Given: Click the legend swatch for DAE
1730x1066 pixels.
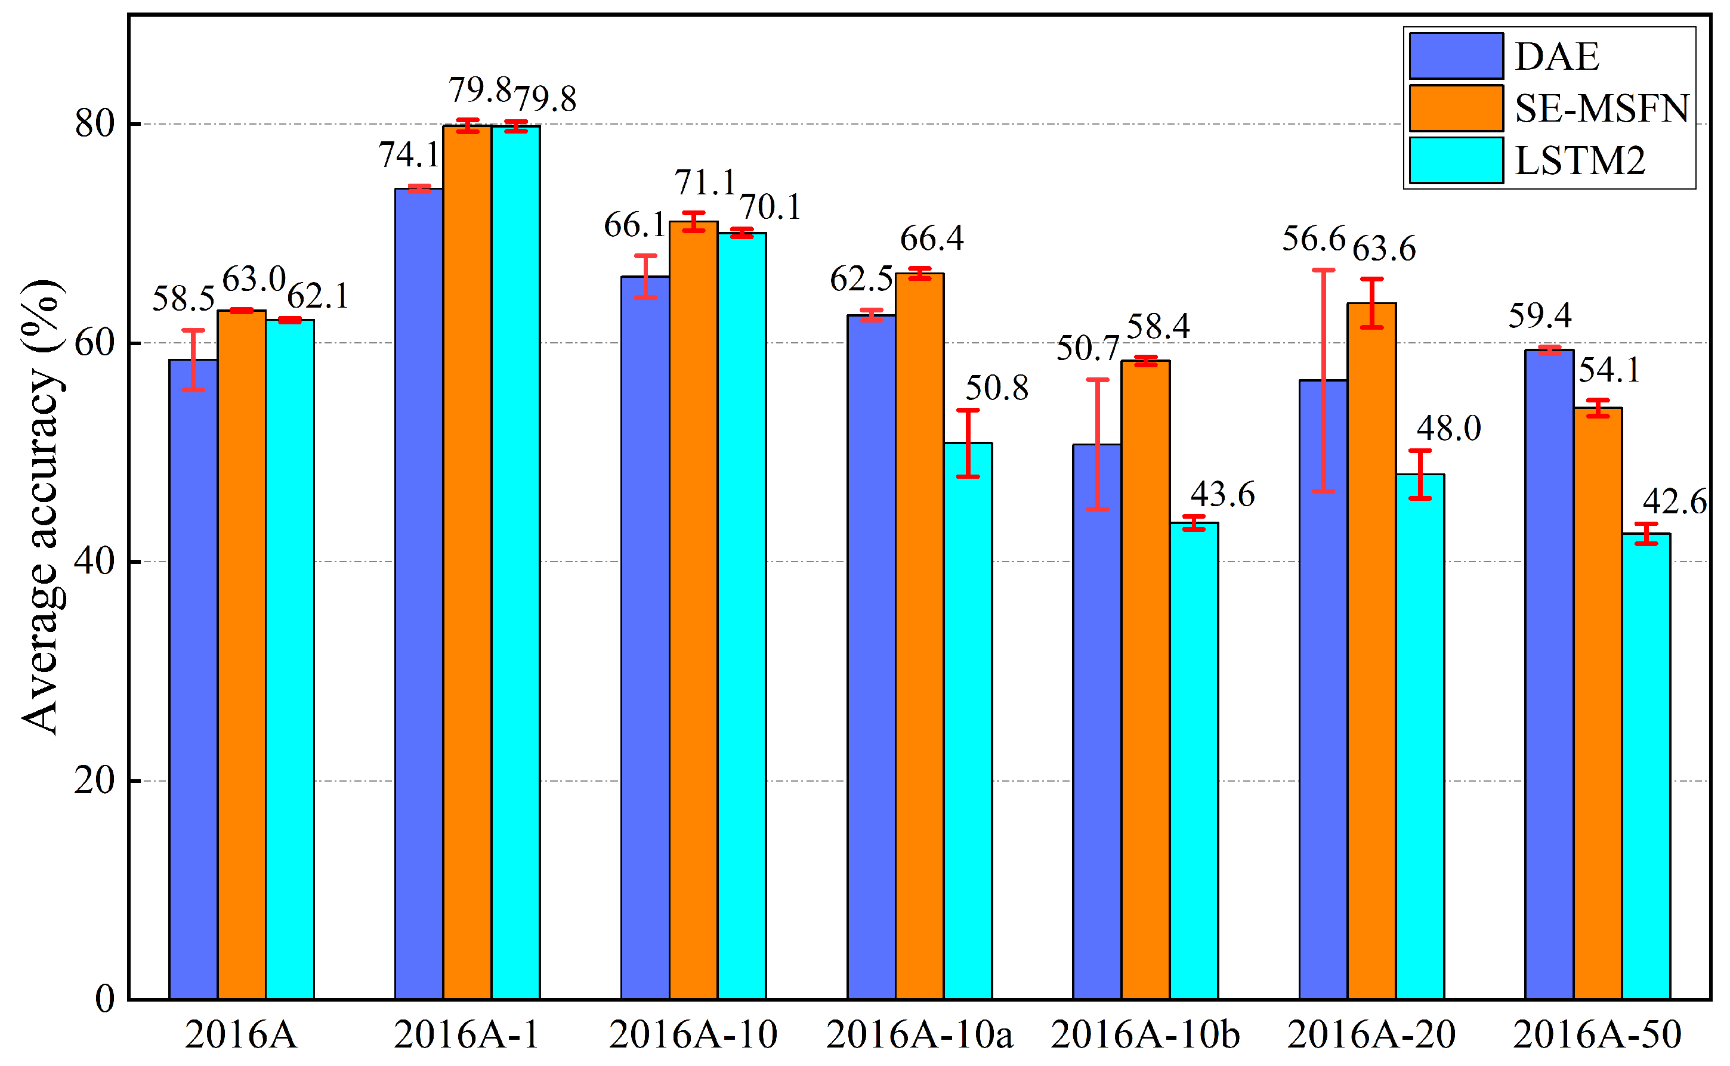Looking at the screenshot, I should click(x=1456, y=55).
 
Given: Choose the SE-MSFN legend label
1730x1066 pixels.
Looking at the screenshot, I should click(x=1602, y=109).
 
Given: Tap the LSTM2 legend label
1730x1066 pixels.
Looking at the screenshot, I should click(x=1580, y=161).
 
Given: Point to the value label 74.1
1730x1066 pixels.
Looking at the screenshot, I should click(x=409, y=154).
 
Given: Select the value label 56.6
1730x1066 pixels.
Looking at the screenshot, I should click(x=1313, y=238).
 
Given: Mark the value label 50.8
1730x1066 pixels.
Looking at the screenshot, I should click(x=996, y=387).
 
